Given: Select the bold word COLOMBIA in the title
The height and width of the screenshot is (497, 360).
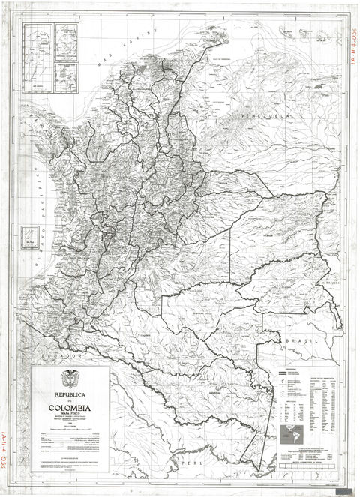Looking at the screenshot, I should click(x=70, y=409).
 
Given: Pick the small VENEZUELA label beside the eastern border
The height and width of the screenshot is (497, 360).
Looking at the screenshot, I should click(x=327, y=282).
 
